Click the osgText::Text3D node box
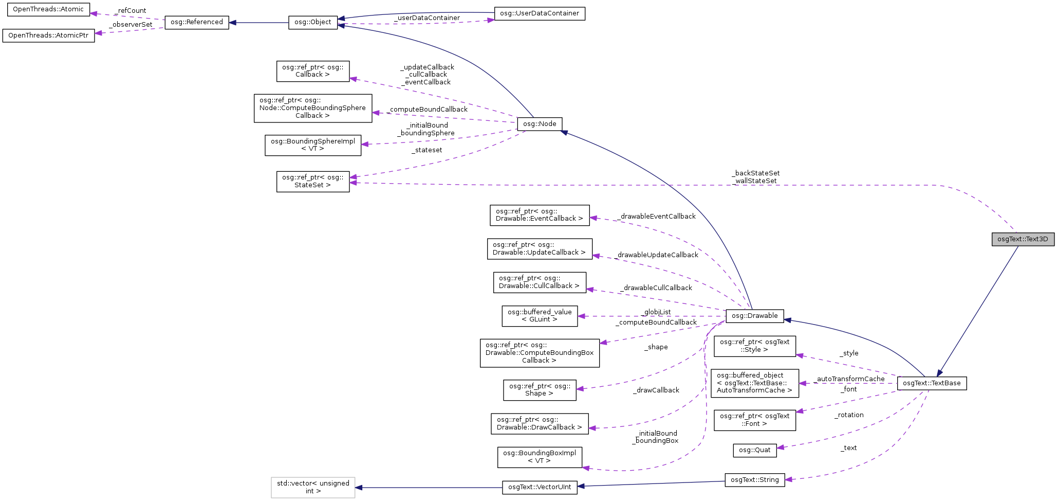[1023, 239]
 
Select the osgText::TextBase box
[931, 383]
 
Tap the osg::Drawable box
[754, 316]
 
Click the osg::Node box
[540, 124]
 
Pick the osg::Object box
[312, 22]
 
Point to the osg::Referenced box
[196, 22]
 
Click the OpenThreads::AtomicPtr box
[48, 35]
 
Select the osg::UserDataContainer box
[539, 13]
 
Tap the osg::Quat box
[754, 450]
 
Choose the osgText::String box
[754, 480]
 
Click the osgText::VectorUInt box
[539, 487]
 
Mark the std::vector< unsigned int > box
[312, 487]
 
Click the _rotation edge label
[849, 415]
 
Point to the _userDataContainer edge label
[427, 18]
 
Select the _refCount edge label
[131, 11]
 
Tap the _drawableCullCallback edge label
[656, 288]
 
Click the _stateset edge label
[427, 150]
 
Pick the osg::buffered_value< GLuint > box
[539, 316]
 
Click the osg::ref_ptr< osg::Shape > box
[539, 390]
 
